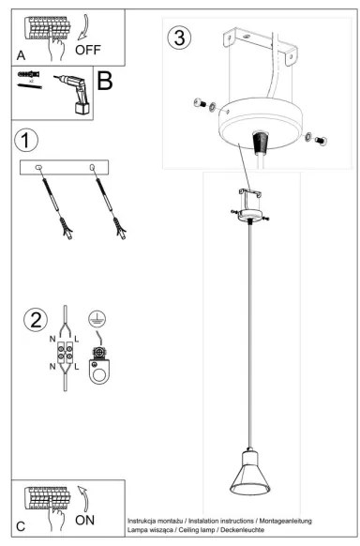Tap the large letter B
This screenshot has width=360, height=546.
tap(105, 82)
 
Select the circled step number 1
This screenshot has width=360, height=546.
tap(28, 141)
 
